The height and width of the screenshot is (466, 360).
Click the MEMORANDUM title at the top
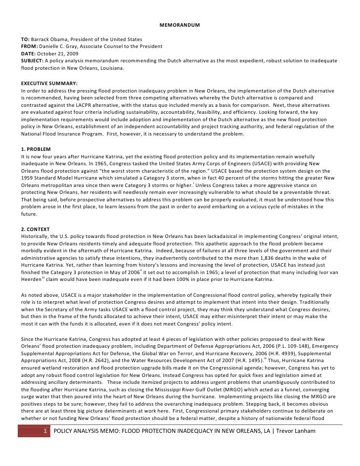point(180,25)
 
